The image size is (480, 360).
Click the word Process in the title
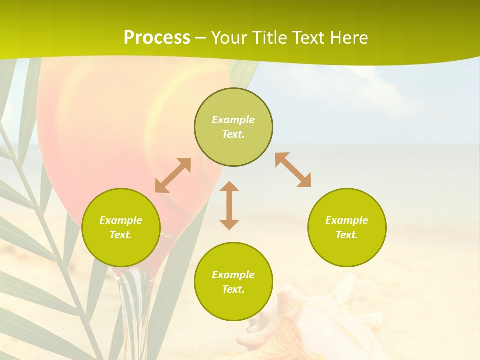157,38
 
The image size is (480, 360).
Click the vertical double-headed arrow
229,205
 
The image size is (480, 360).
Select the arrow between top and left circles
173,175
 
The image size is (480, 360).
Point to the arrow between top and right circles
293,170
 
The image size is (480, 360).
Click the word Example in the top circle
233,120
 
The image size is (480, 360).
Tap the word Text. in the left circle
121,235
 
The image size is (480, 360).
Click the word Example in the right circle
347,220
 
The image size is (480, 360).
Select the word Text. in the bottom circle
233,289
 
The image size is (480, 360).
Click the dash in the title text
201,38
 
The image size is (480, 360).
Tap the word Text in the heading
306,38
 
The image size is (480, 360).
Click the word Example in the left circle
121,220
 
